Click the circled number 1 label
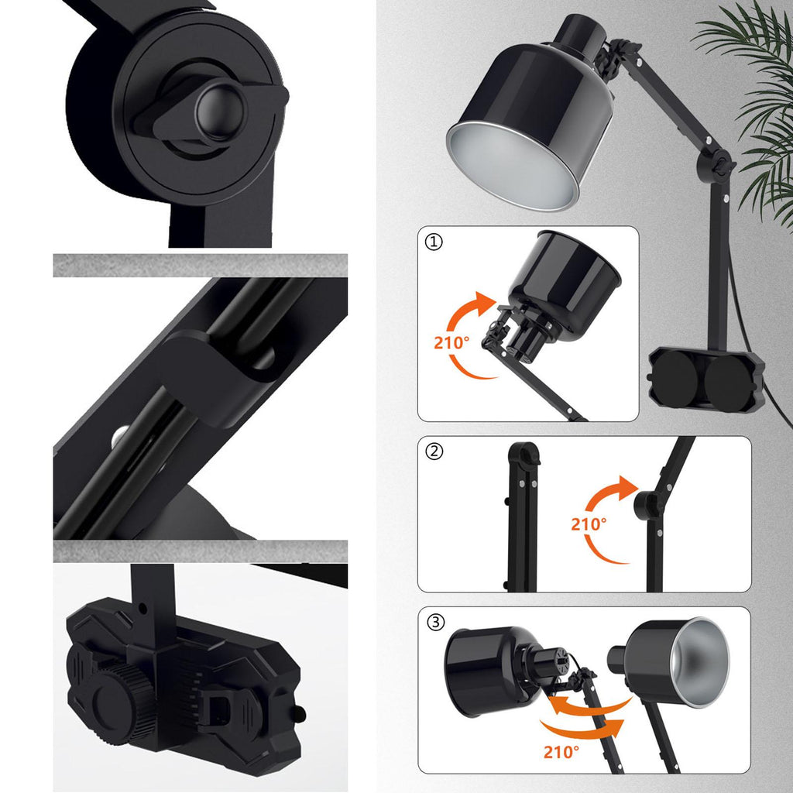(434, 242)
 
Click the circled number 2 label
(434, 451)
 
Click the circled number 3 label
(435, 622)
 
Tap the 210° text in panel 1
(451, 343)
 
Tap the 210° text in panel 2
(589, 524)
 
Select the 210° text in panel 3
(561, 752)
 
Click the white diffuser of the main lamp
(513, 166)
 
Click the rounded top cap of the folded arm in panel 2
(524, 451)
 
